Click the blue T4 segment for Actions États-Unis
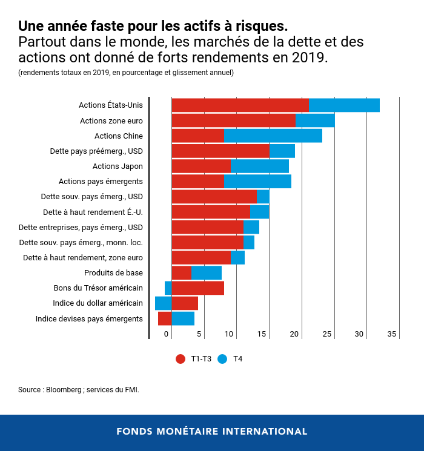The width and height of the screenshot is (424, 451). coord(344,105)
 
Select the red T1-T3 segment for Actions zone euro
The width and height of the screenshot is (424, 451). coord(233,120)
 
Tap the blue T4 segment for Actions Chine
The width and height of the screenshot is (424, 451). coord(273,136)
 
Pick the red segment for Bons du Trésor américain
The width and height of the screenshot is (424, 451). coord(197,288)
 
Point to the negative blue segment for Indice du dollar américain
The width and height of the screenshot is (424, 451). coord(163,303)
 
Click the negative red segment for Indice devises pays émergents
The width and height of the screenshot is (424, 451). coord(165,318)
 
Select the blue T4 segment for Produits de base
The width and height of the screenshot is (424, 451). coord(206,273)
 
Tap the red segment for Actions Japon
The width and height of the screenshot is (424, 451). coord(201,166)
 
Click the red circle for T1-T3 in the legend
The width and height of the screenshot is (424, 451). coord(181,359)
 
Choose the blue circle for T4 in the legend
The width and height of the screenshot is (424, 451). coord(223,359)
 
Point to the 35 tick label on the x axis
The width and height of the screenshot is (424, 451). coord(392,334)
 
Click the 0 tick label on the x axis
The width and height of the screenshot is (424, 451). coord(166,334)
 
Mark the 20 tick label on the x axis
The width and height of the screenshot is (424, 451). coord(295,334)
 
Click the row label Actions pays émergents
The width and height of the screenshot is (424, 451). coord(101,182)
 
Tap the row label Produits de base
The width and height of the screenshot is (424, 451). coord(113,273)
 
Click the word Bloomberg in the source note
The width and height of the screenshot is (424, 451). coord(64,390)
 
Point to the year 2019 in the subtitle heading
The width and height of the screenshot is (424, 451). coord(310,58)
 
